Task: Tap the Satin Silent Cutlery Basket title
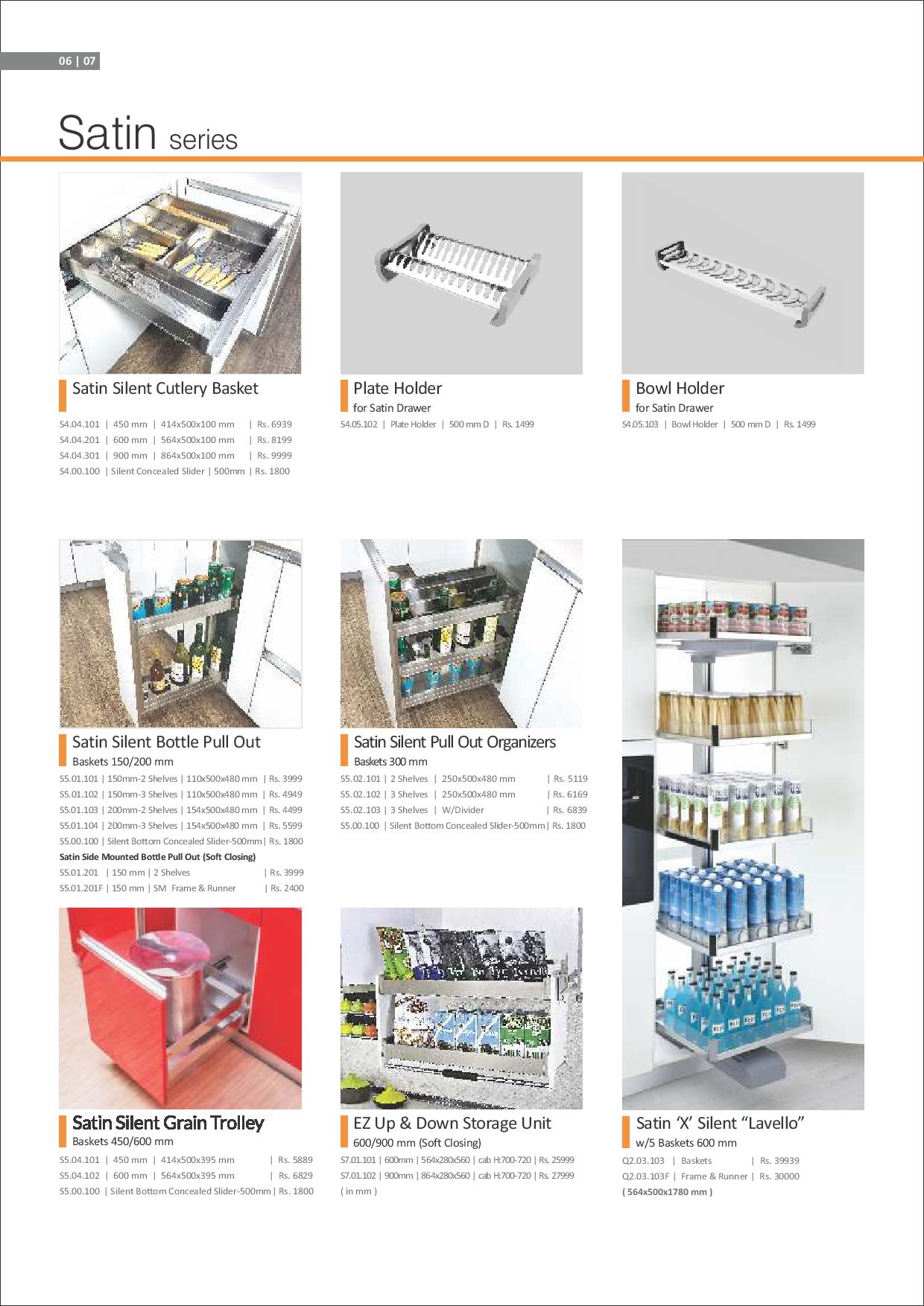165,388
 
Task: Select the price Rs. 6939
274,424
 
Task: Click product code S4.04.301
79,456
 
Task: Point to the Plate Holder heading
397,388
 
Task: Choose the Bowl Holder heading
680,388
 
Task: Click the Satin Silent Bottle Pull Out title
166,742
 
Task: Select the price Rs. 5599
285,825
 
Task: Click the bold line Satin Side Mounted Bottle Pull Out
157,856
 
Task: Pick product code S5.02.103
361,810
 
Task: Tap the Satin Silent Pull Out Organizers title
455,742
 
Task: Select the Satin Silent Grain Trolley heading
168,1123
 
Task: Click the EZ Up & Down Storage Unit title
452,1123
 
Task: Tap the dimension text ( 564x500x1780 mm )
667,1192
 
